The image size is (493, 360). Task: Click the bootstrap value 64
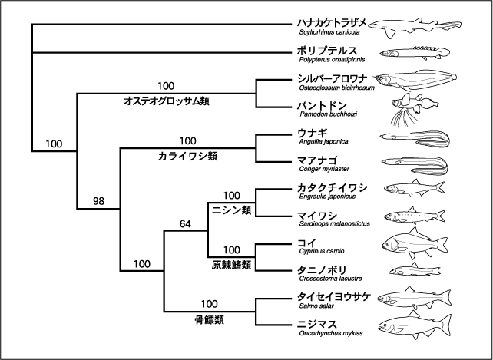pos(185,224)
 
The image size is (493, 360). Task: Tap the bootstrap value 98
pos(98,201)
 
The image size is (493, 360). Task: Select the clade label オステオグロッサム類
pos(167,101)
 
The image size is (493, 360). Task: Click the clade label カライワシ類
pos(187,156)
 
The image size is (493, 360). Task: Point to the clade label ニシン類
pos(232,210)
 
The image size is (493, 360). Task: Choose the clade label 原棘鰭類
pos(231,265)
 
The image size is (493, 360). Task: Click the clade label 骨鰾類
pos(209,320)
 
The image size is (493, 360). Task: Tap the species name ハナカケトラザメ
pos(332,23)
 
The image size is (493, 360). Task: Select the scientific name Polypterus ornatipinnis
pos(332,59)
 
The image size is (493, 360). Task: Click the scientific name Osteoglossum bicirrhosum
pos(337,88)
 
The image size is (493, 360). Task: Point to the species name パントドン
pos(322,105)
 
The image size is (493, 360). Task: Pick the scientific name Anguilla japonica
pos(323,141)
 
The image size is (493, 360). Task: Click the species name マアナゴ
pos(317,160)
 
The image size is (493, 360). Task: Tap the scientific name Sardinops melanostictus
pos(335,224)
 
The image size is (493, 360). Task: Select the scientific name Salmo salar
pos(316,306)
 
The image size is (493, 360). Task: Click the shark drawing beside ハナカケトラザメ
pos(415,27)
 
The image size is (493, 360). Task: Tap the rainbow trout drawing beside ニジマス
pos(415,325)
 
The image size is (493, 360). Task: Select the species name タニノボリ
pos(322,270)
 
